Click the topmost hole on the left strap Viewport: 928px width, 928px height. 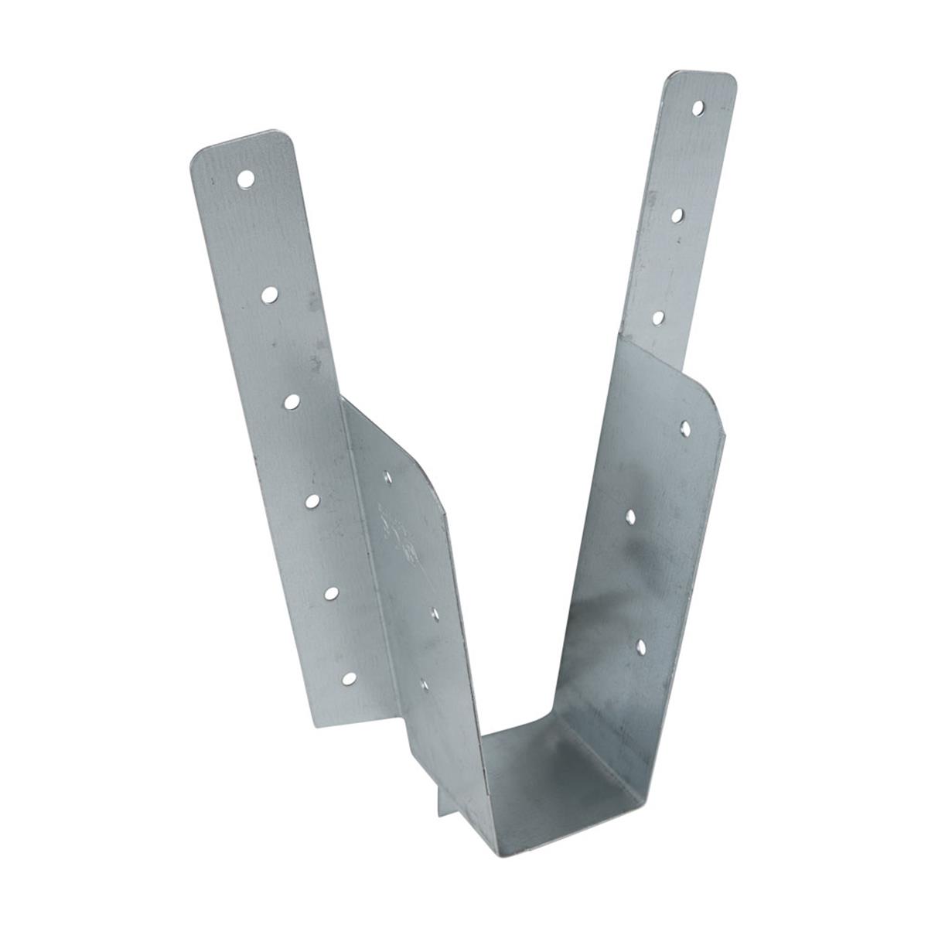coord(246,179)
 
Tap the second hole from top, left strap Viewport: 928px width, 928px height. coord(269,294)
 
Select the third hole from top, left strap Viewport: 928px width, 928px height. coord(292,401)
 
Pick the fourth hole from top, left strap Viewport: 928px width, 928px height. coord(312,502)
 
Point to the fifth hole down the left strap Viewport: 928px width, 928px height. coord(332,593)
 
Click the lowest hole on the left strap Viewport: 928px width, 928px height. coord(350,679)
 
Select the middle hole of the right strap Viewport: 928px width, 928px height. coord(677,214)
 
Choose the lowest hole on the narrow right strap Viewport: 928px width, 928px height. coord(658,316)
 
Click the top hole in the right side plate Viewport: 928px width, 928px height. coord(684,426)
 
